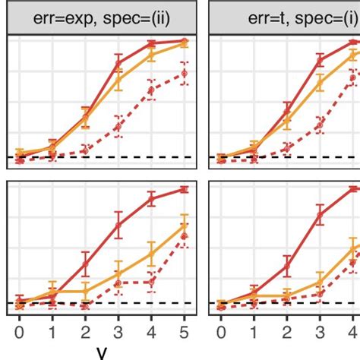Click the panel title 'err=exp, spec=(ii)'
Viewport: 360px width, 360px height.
click(101, 17)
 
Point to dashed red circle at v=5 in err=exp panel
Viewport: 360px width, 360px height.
click(184, 73)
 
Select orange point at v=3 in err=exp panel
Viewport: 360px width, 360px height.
click(118, 76)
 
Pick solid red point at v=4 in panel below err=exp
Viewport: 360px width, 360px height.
click(150, 200)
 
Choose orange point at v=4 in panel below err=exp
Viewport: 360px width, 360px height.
click(150, 253)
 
